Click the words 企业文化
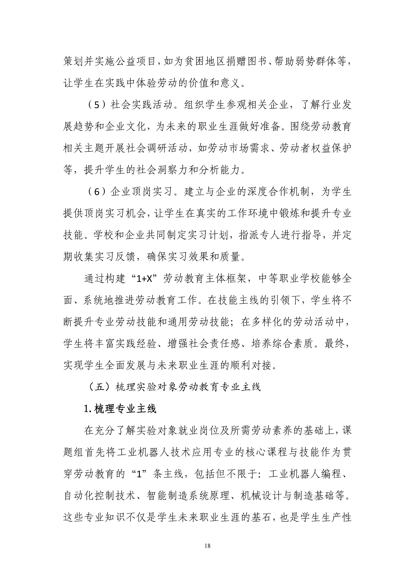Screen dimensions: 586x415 [125, 127]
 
